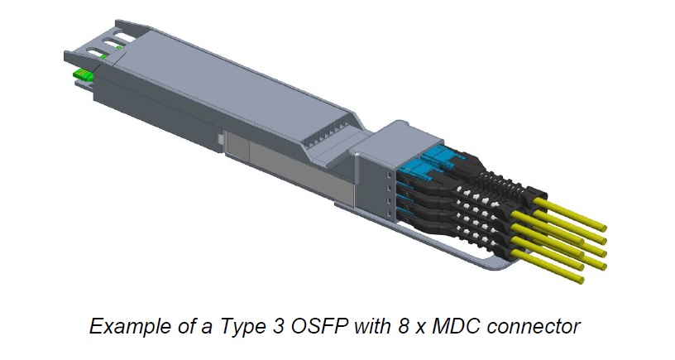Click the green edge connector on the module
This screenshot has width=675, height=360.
tap(82, 75)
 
